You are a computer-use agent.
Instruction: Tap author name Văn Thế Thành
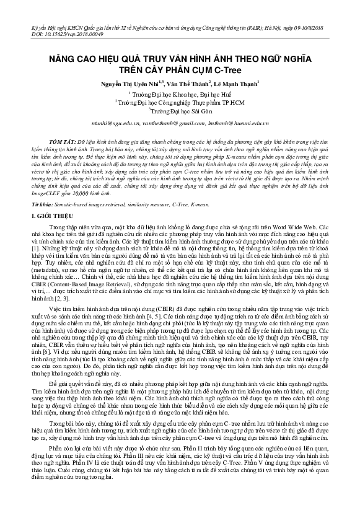184,84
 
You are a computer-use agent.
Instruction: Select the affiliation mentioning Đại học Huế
180,94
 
